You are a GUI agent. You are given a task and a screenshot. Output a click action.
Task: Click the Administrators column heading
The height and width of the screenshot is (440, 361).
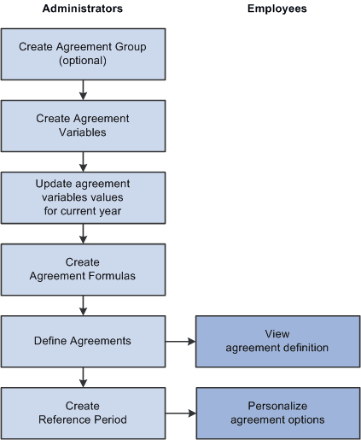[83, 9]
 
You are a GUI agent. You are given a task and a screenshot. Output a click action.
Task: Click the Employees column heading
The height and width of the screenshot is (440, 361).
[277, 9]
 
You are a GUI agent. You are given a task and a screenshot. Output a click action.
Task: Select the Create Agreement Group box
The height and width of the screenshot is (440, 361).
[83, 55]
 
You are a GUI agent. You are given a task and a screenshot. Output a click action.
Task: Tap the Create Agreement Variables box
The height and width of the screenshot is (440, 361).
[83, 126]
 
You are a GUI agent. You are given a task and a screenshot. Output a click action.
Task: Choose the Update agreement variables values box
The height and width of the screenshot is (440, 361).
[83, 197]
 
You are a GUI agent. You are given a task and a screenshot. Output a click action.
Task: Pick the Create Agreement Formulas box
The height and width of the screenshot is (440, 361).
[83, 269]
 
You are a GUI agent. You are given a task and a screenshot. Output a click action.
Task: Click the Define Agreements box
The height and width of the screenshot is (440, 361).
[83, 340]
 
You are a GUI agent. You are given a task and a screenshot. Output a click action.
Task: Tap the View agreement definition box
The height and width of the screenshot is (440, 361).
[277, 340]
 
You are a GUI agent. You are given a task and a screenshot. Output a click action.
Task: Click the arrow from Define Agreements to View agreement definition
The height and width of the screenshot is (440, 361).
[178, 340]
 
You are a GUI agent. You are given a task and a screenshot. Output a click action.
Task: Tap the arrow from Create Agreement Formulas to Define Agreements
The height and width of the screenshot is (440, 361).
[83, 304]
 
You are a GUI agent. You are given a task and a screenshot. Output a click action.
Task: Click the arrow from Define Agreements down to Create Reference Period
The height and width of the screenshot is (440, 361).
[83, 376]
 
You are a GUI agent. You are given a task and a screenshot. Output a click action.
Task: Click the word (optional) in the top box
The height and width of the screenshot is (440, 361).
[83, 62]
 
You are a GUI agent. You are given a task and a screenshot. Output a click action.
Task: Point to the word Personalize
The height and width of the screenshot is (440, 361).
[277, 405]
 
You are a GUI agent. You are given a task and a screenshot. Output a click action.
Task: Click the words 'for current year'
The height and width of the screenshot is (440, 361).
[83, 210]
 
